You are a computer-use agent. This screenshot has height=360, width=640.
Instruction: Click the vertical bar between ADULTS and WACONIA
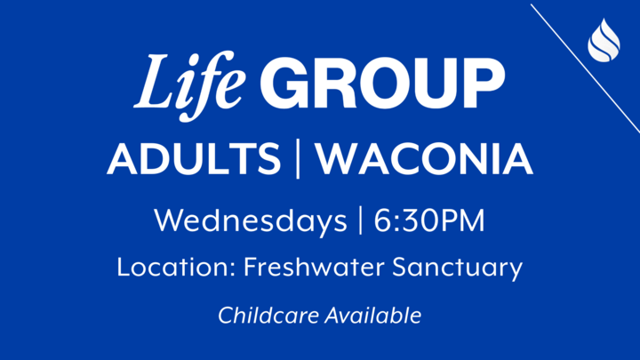(x=298, y=159)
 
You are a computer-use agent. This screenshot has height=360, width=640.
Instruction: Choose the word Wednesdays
(x=250, y=220)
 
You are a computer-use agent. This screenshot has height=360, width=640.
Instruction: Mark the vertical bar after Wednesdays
(x=360, y=220)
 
